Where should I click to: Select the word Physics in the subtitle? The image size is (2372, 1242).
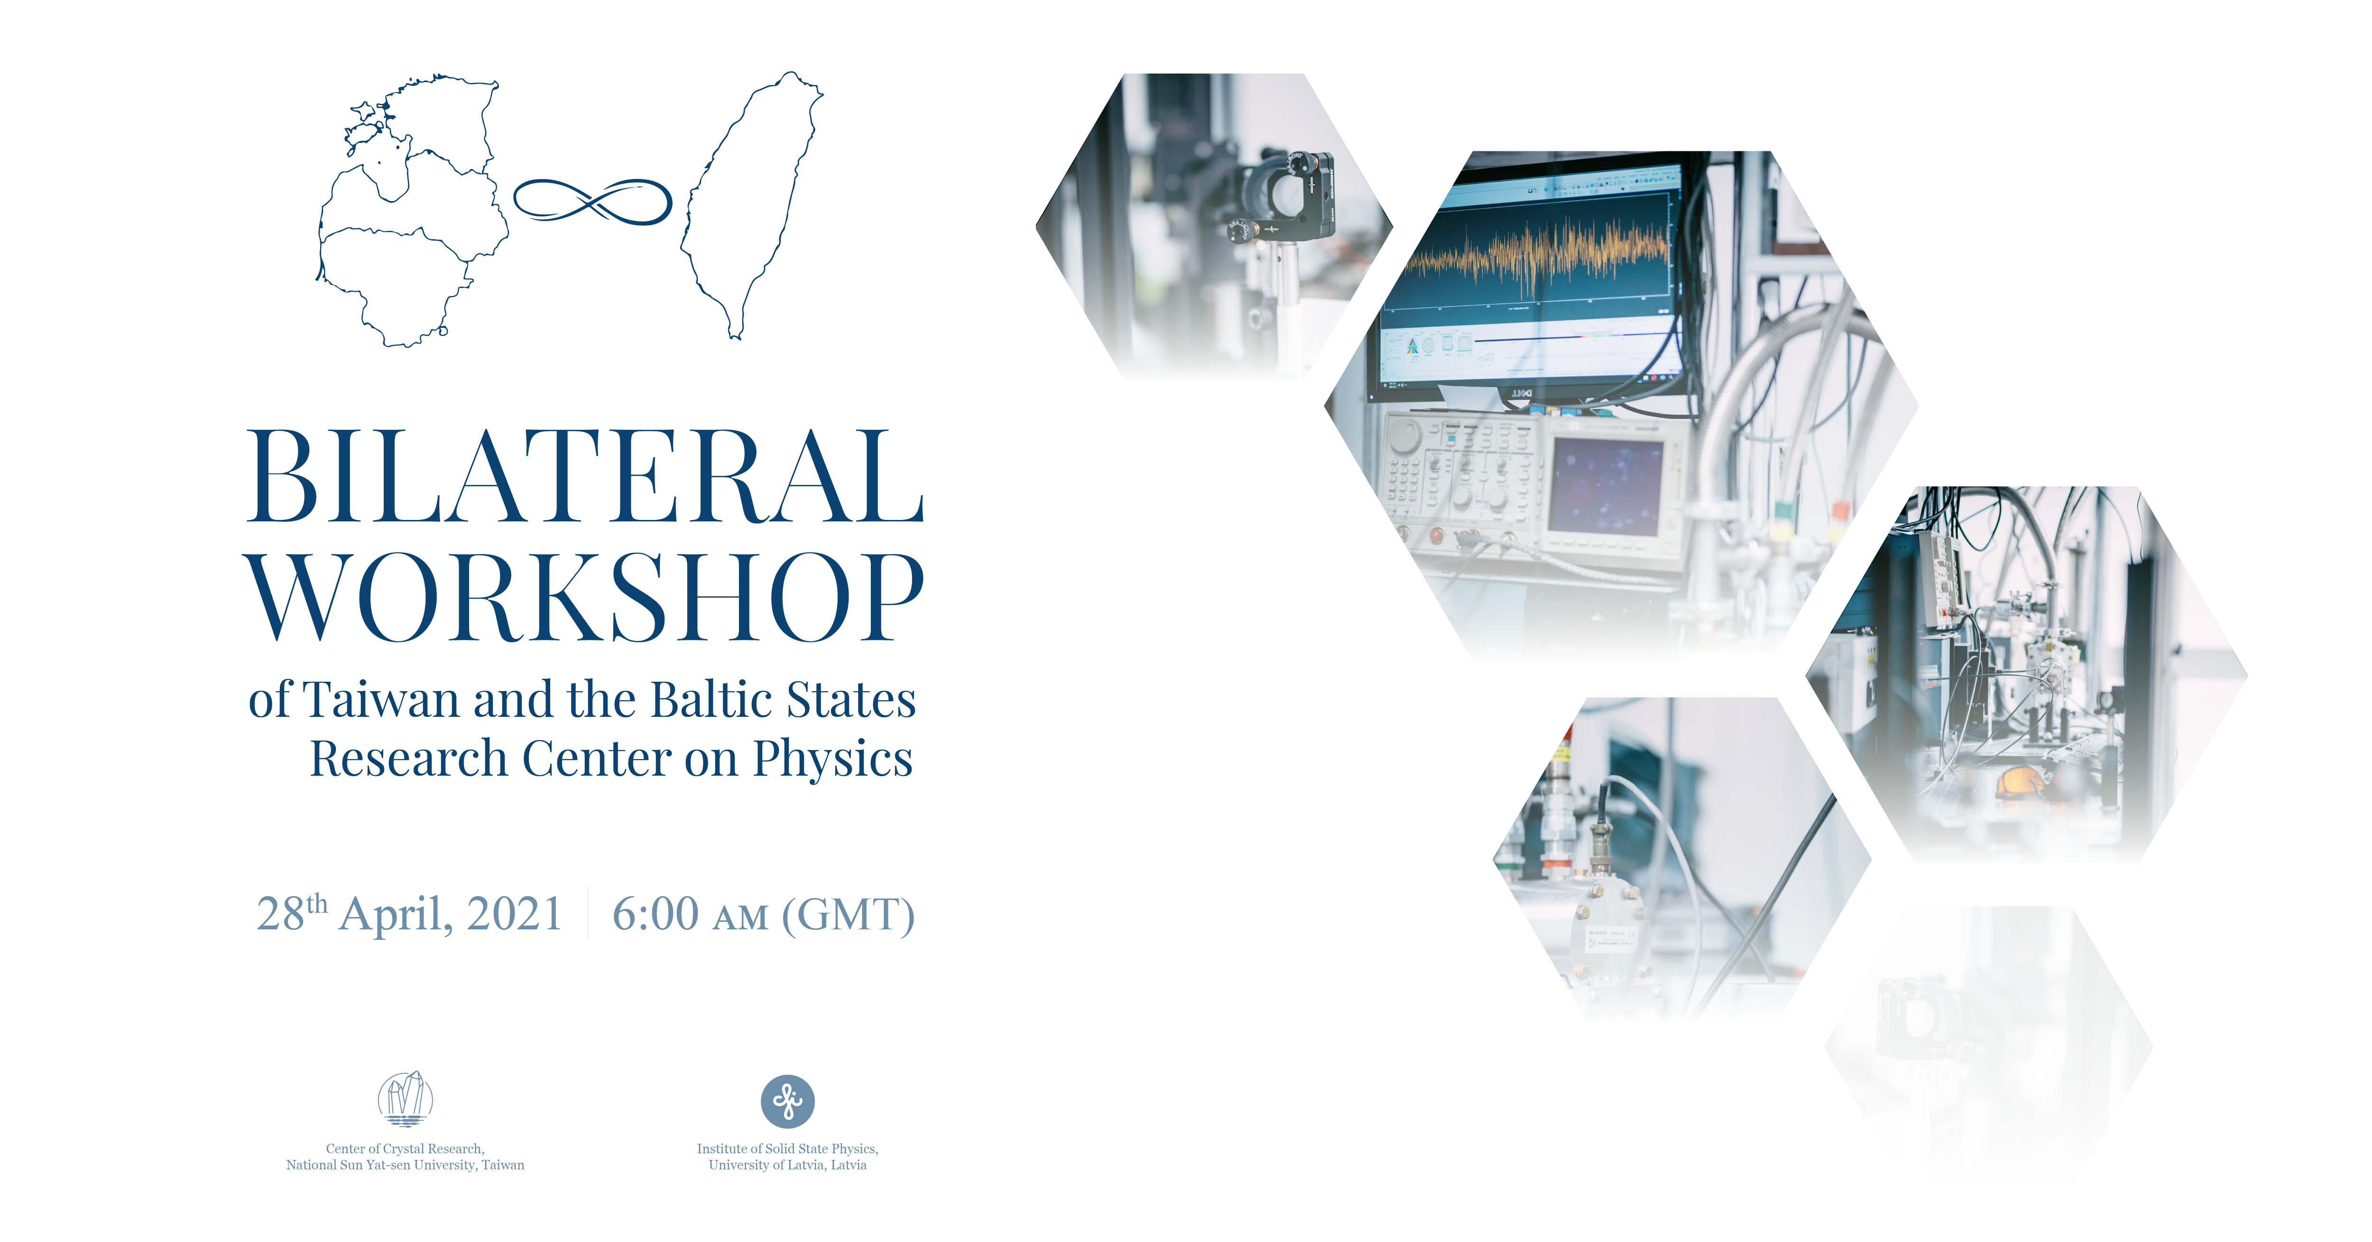(832, 760)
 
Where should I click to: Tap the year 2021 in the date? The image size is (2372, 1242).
(515, 914)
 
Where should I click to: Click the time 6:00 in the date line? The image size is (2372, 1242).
(655, 914)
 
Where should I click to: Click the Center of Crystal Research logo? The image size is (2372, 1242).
(405, 1098)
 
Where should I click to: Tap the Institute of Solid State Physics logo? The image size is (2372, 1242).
(787, 1101)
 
